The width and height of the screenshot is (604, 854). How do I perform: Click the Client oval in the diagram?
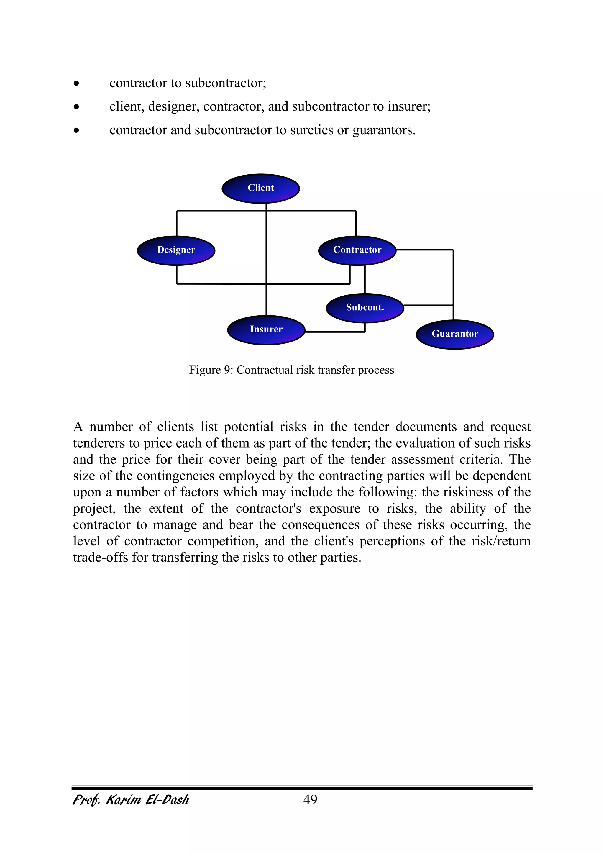click(261, 188)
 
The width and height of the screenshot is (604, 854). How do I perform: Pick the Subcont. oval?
click(365, 308)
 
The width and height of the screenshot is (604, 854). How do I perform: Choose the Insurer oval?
click(266, 330)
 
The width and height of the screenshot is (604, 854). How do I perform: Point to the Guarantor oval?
click(454, 335)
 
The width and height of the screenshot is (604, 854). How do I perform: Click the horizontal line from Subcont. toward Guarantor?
click(428, 305)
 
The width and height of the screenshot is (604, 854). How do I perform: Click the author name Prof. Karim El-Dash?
click(131, 800)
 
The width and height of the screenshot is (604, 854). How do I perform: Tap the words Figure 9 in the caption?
click(210, 370)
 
